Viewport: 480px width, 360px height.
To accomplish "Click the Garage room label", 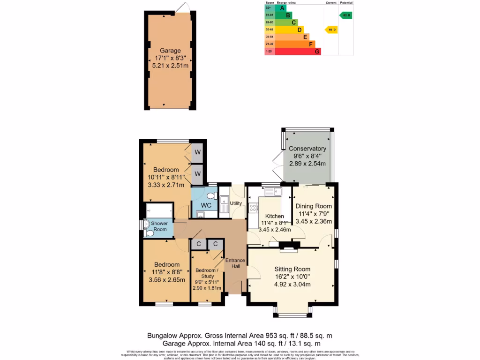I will [170, 51].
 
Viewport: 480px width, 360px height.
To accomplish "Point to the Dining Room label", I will [314, 206].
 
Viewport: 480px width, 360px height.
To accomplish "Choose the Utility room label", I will [236, 203].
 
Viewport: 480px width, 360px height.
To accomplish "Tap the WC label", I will [206, 206].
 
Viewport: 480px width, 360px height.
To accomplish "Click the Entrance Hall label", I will [235, 263].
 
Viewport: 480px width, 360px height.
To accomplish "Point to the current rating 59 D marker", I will [331, 30].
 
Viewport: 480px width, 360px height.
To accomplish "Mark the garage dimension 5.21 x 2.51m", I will [170, 66].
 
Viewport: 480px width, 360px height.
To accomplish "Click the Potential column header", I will [346, 3].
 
